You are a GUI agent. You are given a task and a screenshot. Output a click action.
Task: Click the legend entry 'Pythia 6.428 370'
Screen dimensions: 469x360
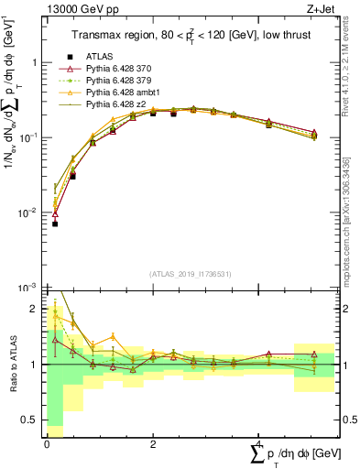coord(120,69)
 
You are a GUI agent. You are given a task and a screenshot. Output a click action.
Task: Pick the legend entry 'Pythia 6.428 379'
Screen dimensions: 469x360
coord(120,81)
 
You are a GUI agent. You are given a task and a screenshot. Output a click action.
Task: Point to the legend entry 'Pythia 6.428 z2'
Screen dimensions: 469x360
coord(118,104)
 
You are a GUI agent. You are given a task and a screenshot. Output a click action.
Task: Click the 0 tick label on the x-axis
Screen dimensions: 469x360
coord(46,444)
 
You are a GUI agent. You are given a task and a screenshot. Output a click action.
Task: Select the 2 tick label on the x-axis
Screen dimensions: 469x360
coord(152,444)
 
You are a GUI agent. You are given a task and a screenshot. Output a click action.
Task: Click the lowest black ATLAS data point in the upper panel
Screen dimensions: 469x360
coord(55,224)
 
